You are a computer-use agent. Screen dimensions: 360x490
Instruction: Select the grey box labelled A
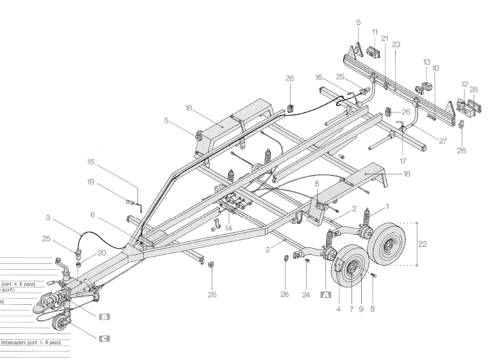pyautogui.click(x=326, y=295)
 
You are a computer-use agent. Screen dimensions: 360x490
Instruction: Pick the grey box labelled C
pyautogui.click(x=104, y=339)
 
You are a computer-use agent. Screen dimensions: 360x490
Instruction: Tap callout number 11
pyautogui.click(x=375, y=31)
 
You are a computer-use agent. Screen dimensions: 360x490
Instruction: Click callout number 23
pyautogui.click(x=396, y=44)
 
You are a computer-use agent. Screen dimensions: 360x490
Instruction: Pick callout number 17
pyautogui.click(x=403, y=162)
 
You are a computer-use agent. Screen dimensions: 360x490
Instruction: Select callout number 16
pyautogui.click(x=319, y=79)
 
